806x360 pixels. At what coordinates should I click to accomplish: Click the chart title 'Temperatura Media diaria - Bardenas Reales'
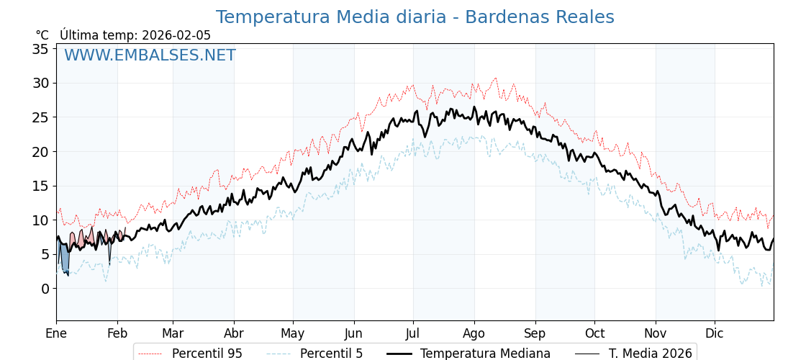[x=415, y=17]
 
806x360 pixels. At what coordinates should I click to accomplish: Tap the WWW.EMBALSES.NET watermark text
[x=150, y=55]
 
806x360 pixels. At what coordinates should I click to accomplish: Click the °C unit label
[x=42, y=35]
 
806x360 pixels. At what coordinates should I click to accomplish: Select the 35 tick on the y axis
[x=40, y=49]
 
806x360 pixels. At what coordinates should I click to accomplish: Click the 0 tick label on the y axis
[x=45, y=289]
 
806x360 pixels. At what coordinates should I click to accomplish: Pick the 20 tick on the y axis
[x=40, y=152]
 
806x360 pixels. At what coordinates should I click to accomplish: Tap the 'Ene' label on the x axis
[x=56, y=333]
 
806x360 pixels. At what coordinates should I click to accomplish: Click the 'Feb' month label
[x=117, y=333]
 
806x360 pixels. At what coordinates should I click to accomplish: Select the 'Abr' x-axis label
[x=234, y=333]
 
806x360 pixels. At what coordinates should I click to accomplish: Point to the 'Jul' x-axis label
[x=413, y=333]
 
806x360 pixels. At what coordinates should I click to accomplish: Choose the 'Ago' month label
[x=474, y=333]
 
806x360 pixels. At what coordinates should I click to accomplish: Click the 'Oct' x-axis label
[x=594, y=333]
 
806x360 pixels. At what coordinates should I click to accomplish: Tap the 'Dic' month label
[x=715, y=333]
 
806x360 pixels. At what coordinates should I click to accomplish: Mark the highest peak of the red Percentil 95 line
[x=495, y=78]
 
